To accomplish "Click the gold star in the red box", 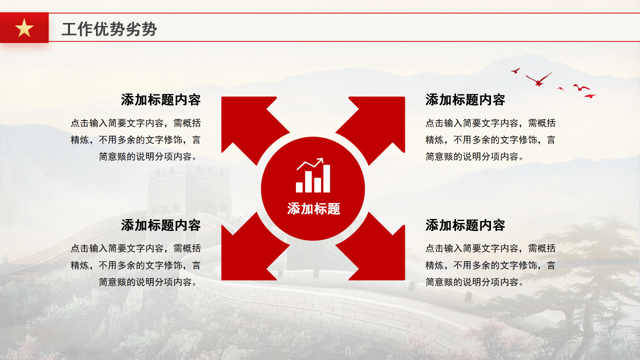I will point(24,28).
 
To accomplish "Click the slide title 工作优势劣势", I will point(109,29).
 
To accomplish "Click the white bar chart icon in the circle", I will point(313,176).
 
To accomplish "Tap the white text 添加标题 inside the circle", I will point(313,209).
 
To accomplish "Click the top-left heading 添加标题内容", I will point(160,100).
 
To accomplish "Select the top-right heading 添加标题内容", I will point(465,100).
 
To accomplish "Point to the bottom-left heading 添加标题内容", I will point(160,225).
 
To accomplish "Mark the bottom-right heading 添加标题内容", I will point(465,225).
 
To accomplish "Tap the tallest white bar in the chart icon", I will point(326,178).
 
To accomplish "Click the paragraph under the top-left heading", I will point(136,140).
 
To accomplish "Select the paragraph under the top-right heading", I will point(490,140).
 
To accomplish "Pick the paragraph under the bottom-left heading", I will point(136,265).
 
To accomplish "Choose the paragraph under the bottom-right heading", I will point(490,265).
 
